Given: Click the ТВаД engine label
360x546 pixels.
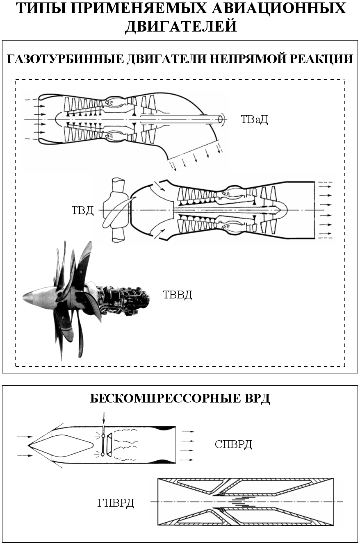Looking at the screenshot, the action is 254,120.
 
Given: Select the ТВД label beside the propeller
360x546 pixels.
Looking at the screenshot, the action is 83,210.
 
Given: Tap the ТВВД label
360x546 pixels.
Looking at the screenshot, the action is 178,295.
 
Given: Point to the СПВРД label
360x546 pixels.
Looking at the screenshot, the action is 233,445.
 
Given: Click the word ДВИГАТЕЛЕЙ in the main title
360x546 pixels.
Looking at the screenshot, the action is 181,26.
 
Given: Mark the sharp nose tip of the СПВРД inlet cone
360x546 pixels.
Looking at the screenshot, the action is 28,445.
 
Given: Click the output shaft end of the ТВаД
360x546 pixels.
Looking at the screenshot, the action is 221,119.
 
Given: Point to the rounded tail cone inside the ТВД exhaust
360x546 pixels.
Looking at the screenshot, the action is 282,210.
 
